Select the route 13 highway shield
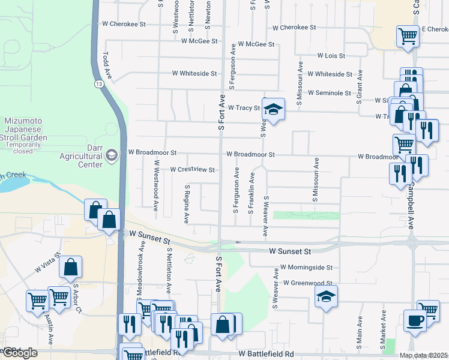point(97,85)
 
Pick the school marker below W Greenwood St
point(326,296)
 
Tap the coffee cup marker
point(415,320)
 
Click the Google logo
point(19,353)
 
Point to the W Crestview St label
point(193,170)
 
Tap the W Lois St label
point(332,56)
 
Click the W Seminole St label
point(330,93)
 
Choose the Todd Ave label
point(107,65)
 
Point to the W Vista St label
point(47,264)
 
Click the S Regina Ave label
point(187,204)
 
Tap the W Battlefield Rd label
point(265,355)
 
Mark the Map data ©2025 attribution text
point(423,355)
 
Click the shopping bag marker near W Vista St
point(71,268)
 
